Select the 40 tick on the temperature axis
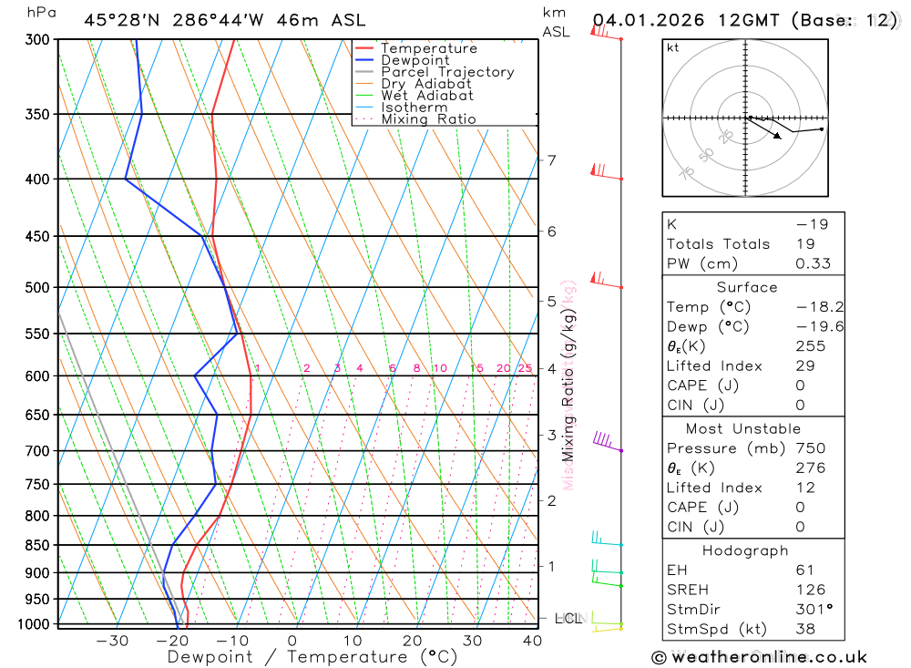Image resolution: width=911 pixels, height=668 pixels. click(x=532, y=641)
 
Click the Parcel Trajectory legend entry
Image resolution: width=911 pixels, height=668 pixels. click(x=447, y=72)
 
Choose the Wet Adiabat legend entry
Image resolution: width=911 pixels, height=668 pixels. click(x=426, y=96)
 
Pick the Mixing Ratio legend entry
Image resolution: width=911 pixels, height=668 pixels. click(x=428, y=119)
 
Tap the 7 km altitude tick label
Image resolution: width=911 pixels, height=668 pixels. click(x=551, y=160)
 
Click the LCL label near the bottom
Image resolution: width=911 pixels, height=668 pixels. click(x=567, y=620)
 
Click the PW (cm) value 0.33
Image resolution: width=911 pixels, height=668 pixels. click(x=813, y=263)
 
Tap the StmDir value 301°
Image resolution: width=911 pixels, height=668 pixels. click(x=810, y=610)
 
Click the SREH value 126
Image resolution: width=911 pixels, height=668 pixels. click(x=810, y=590)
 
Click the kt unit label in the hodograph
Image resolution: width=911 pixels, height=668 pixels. click(x=673, y=47)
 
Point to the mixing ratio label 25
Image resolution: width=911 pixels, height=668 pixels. click(x=525, y=368)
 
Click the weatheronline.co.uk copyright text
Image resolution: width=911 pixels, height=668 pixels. click(x=759, y=657)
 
